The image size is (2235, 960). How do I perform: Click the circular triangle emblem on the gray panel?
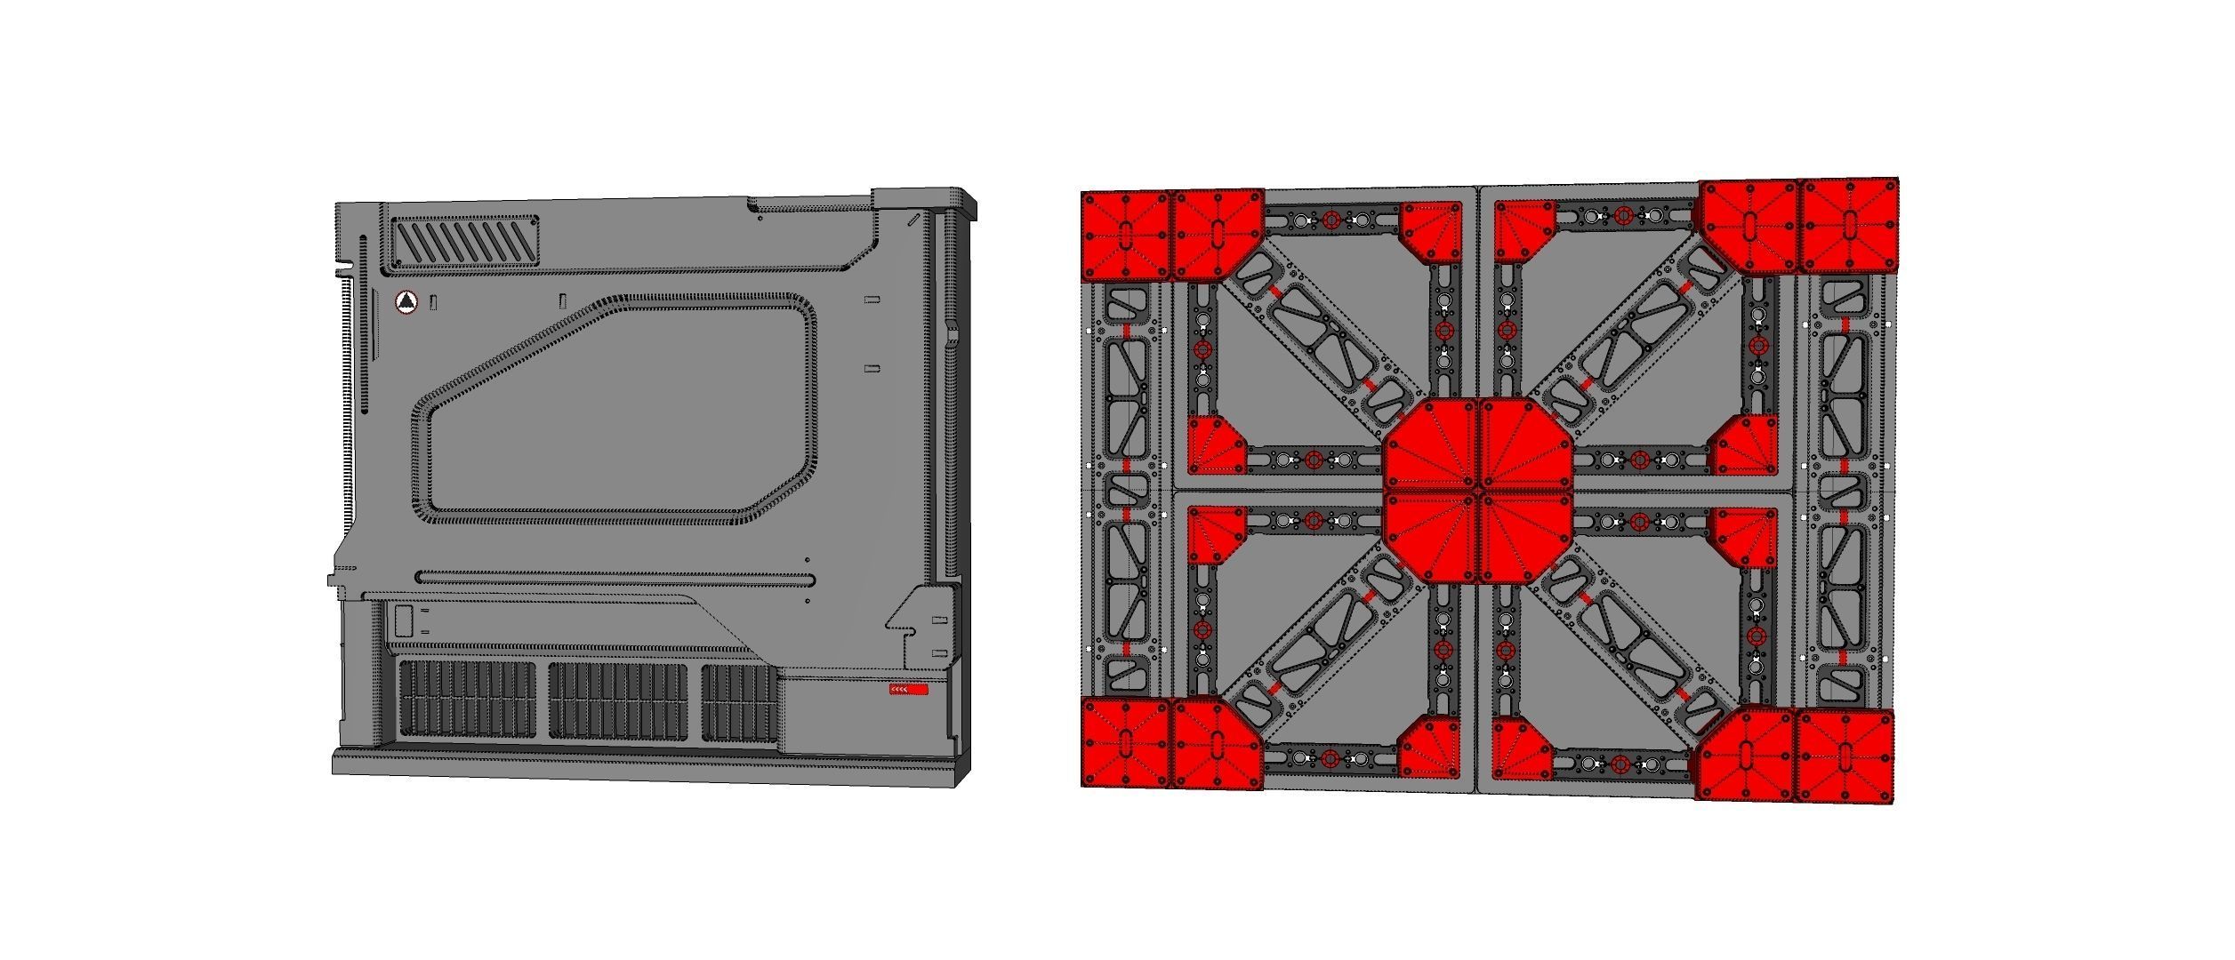406,303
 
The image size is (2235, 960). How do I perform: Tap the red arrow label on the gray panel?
909,690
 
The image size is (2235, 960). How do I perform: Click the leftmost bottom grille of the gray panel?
467,700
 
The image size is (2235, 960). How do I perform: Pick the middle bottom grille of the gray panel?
618,700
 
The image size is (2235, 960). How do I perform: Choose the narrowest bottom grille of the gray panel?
739,701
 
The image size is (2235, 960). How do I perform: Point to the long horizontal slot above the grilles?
615,580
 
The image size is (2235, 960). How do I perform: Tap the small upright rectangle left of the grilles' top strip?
404,620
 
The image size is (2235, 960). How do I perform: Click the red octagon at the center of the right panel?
1478,491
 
